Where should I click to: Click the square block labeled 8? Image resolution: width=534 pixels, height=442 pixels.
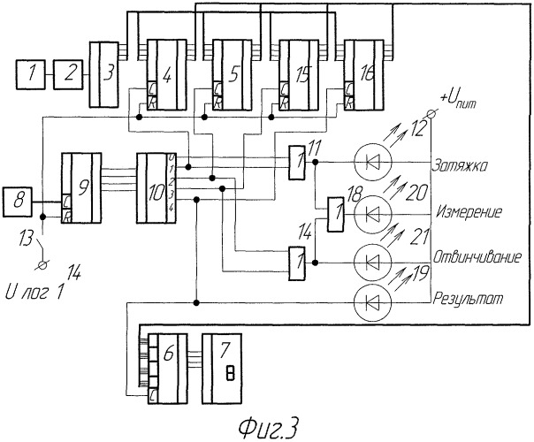tap(19, 201)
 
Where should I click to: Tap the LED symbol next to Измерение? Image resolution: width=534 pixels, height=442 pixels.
tap(371, 213)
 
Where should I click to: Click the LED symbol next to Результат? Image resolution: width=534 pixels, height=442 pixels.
tap(371, 302)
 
